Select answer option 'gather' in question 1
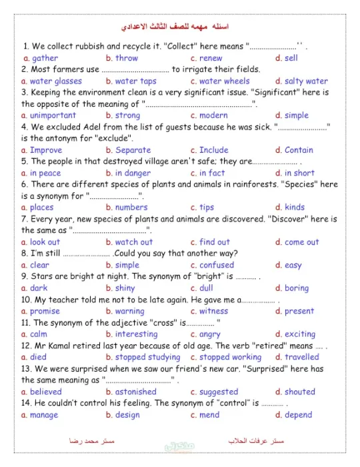(45, 58)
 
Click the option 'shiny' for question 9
(125, 288)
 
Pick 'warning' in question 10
(129, 311)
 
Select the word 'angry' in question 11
(209, 334)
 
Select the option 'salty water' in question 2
(306, 81)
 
